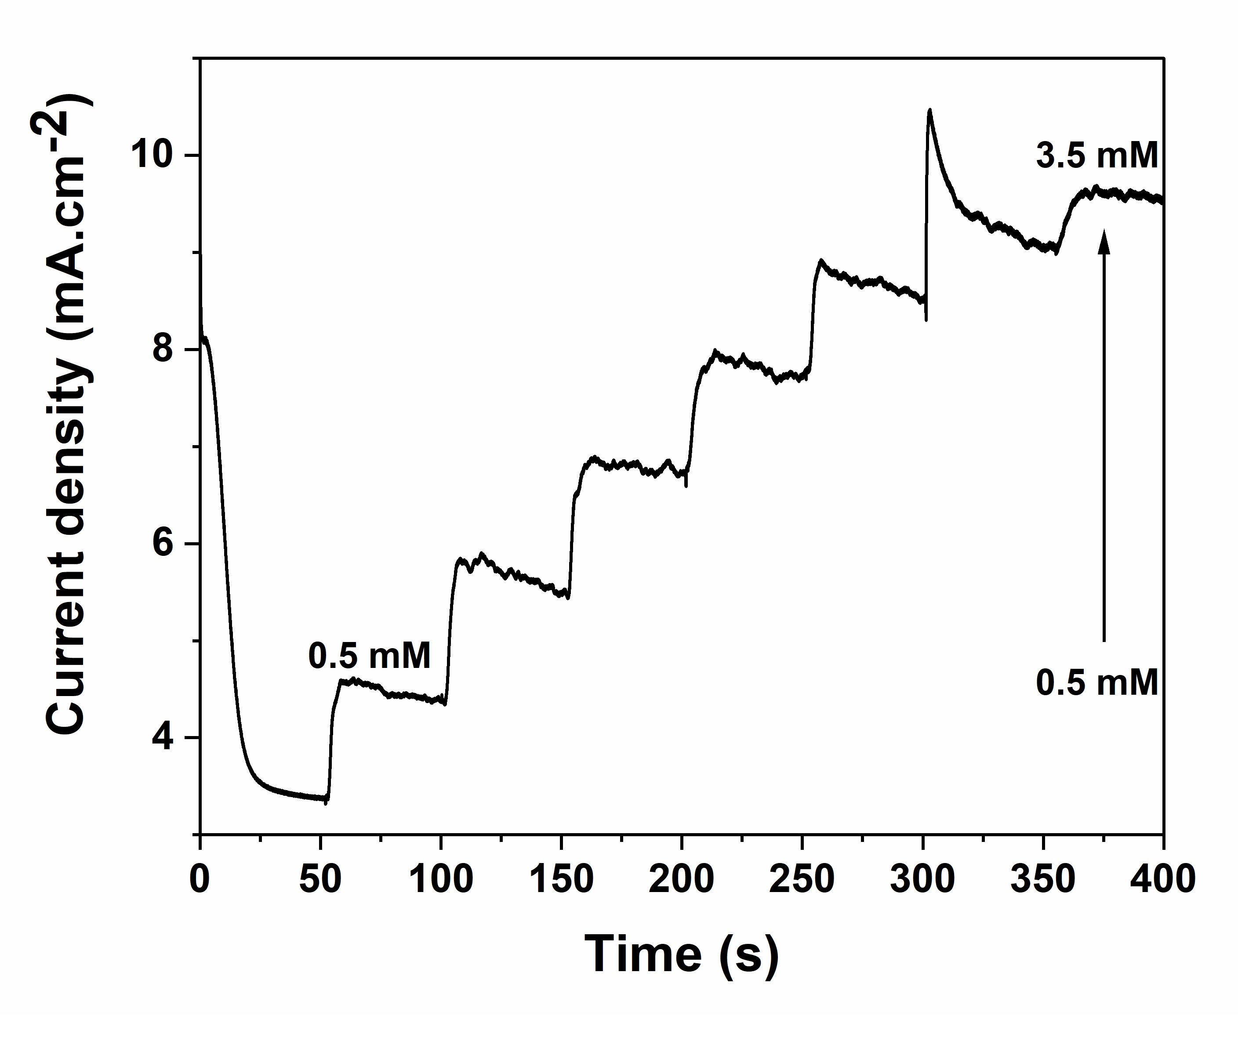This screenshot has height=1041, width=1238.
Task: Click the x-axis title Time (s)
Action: click(682, 955)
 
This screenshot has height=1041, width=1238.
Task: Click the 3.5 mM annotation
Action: click(1097, 156)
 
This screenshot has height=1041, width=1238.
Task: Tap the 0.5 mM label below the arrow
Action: click(1097, 683)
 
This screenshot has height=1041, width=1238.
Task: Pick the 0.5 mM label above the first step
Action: click(370, 655)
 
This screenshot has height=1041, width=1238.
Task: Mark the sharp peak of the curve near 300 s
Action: click(930, 110)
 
